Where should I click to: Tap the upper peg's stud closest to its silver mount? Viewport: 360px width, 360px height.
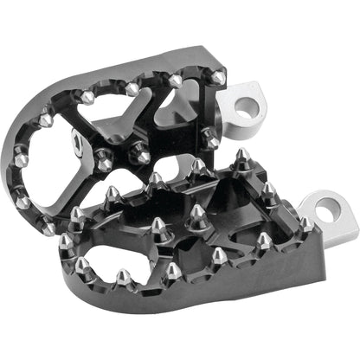click(x=217, y=79)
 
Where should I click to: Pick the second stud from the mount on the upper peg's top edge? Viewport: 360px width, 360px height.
click(x=176, y=80)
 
